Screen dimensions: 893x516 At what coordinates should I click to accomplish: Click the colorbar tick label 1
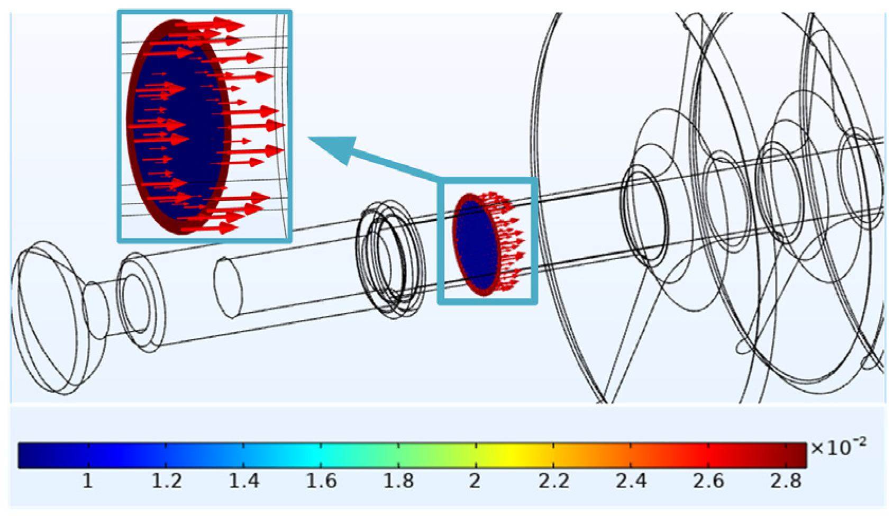tap(88, 481)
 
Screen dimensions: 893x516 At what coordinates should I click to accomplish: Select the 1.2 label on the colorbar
tap(167, 481)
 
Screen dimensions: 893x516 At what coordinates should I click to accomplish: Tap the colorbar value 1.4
tap(244, 481)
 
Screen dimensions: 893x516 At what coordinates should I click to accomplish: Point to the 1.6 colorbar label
tap(321, 481)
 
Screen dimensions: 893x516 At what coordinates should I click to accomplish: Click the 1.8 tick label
tap(399, 481)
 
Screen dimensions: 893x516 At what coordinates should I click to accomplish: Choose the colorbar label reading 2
tap(475, 481)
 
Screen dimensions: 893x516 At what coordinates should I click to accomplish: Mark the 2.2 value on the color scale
tap(554, 481)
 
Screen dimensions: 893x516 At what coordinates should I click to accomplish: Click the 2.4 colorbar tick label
tap(631, 481)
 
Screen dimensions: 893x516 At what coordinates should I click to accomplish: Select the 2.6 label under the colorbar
tap(708, 481)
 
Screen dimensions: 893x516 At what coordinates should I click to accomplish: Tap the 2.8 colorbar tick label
tap(786, 481)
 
